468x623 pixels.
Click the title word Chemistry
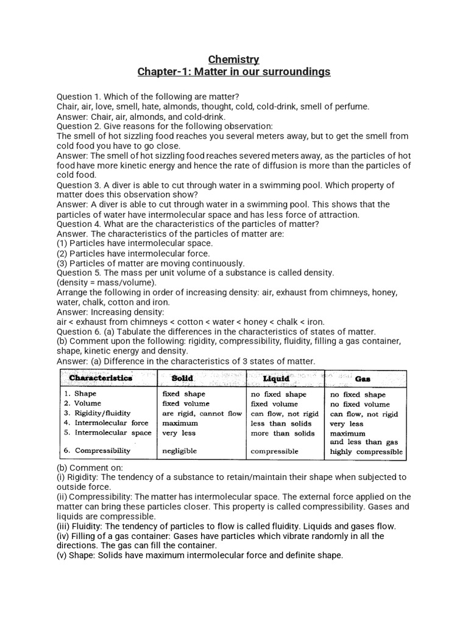click(234, 59)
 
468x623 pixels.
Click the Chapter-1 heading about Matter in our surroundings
click(234, 72)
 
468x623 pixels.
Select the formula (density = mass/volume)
click(107, 282)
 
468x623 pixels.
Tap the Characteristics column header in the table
click(101, 378)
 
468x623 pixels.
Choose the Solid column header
click(182, 378)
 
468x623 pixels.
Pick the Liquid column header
click(276, 378)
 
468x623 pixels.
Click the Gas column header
click(363, 378)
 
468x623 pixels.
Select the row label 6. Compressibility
click(97, 451)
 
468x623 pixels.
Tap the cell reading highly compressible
click(366, 452)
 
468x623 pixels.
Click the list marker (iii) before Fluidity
click(63, 526)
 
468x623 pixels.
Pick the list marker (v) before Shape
click(63, 555)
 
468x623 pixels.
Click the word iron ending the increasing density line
click(314, 322)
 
